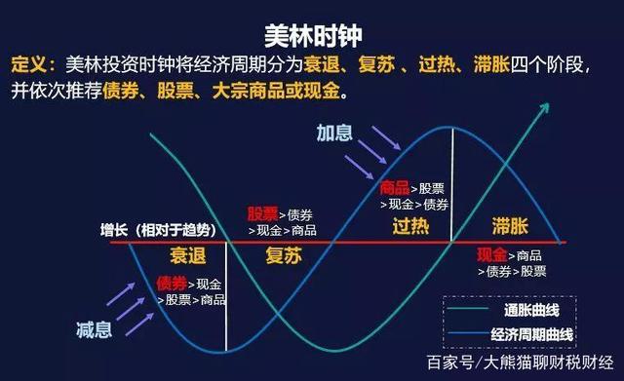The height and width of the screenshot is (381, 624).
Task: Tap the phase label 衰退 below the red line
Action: [x=189, y=255]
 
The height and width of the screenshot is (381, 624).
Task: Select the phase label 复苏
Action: [x=284, y=255]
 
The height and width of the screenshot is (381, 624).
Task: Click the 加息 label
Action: [x=334, y=133]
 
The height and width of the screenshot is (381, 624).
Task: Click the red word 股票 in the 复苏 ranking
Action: [x=262, y=212]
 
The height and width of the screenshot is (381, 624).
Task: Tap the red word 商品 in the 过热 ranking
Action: [x=394, y=186]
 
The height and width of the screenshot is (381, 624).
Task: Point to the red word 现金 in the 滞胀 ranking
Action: [x=491, y=254]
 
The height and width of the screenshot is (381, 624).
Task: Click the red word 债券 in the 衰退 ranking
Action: [x=171, y=283]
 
